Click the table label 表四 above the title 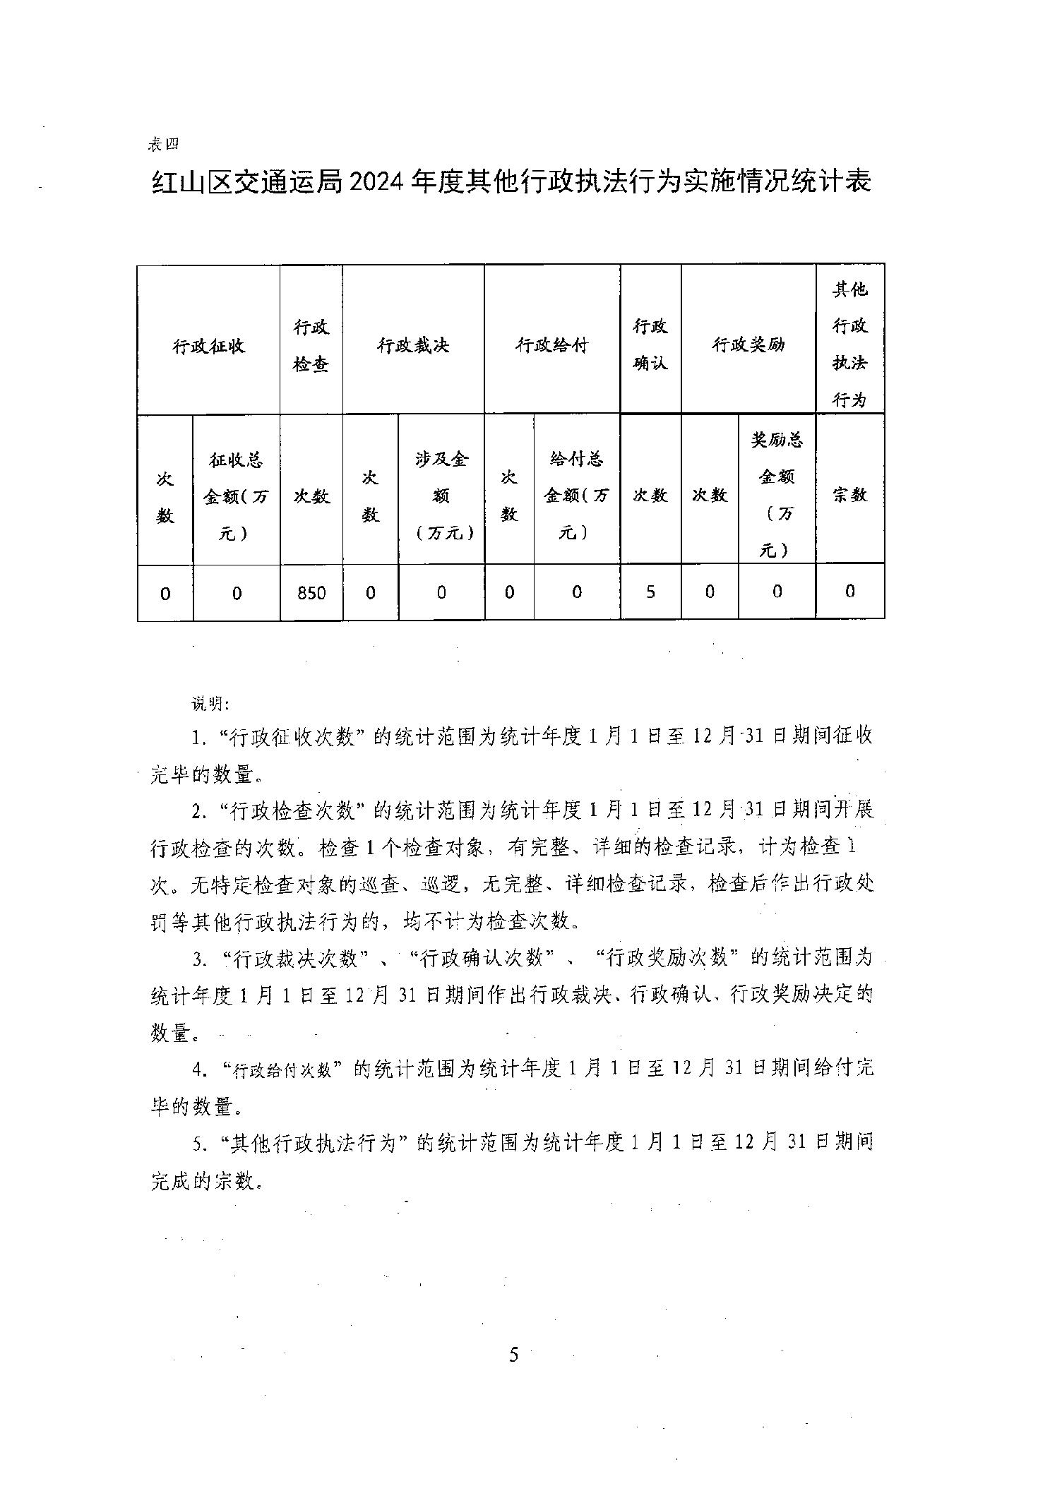point(163,144)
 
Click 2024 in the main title point(376,182)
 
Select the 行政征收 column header point(208,346)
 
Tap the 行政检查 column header point(311,346)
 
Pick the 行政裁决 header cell point(413,345)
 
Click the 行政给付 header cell point(551,345)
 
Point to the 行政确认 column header point(650,345)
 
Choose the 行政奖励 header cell point(748,345)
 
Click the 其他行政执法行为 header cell point(849,345)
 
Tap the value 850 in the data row point(311,593)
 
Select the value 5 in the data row point(650,592)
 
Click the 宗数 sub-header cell point(849,495)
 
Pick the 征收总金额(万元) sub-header point(236,496)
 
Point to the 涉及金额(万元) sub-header point(441,496)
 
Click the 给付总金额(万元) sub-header point(576,496)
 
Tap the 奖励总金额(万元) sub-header point(776,495)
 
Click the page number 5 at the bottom point(513,1355)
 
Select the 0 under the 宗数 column point(849,591)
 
